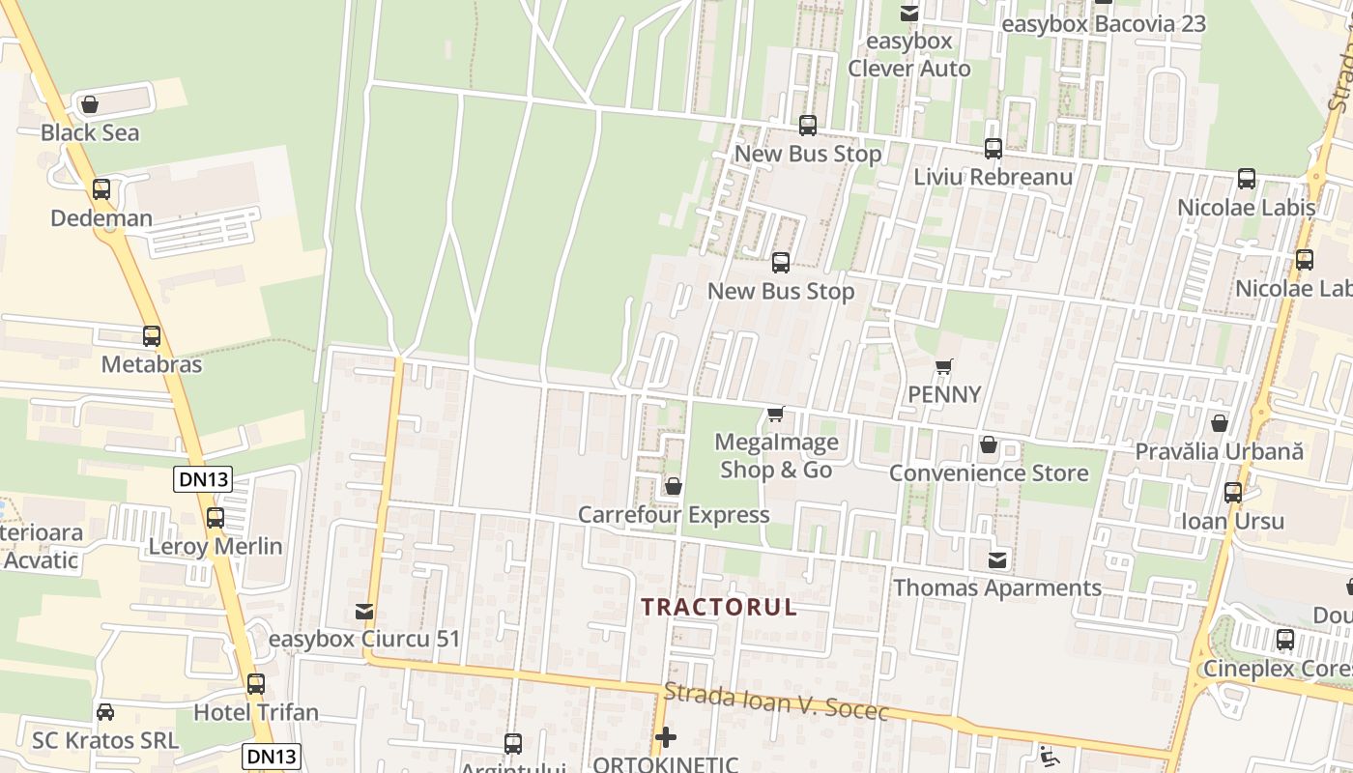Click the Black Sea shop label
click(90, 132)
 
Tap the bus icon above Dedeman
click(101, 189)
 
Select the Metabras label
click(152, 364)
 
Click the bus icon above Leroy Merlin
click(216, 518)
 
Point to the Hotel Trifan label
click(256, 713)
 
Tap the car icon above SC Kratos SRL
click(105, 712)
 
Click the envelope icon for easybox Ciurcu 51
click(364, 612)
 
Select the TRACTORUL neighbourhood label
click(720, 607)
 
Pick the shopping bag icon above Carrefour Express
click(674, 486)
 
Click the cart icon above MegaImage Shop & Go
click(775, 415)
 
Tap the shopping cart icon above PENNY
click(944, 366)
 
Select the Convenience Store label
click(989, 473)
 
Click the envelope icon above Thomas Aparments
click(997, 560)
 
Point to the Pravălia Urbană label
click(1219, 451)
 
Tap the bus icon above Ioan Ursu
click(1233, 493)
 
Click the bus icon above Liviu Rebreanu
click(993, 149)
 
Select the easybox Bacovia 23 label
click(1104, 23)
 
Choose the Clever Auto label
click(909, 69)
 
